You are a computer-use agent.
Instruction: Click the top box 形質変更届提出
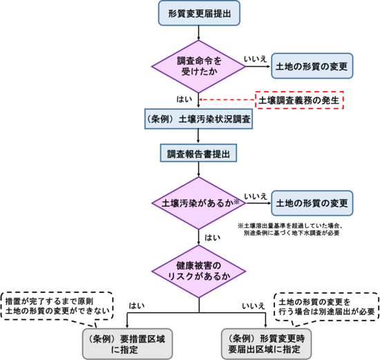point(199,13)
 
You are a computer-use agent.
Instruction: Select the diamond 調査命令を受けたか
point(199,66)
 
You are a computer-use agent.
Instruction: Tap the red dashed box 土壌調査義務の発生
point(300,100)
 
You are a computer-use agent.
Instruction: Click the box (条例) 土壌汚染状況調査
point(198,119)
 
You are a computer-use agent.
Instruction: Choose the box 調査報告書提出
point(198,153)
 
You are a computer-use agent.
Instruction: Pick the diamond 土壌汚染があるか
point(199,203)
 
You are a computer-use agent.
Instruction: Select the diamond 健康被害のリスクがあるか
point(199,272)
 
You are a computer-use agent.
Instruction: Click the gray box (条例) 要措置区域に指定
point(128,343)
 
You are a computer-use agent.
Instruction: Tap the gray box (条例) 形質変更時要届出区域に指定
point(266,343)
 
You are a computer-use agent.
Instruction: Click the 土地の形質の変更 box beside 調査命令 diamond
point(312,66)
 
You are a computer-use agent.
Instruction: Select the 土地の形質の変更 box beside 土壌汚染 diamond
point(312,203)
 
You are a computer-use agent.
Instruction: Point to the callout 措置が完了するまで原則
point(57,306)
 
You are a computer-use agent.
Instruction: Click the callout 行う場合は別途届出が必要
point(327,307)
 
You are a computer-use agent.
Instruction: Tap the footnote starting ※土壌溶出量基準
point(290,229)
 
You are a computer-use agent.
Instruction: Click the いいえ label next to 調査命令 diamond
point(256,59)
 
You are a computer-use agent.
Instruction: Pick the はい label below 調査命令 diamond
point(184,99)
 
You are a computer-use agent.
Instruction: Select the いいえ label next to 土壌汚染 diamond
point(256,196)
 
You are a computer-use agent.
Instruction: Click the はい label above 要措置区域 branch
point(137,305)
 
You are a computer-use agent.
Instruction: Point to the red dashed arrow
point(227,100)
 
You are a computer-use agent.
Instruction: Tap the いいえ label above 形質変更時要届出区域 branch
point(254,306)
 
